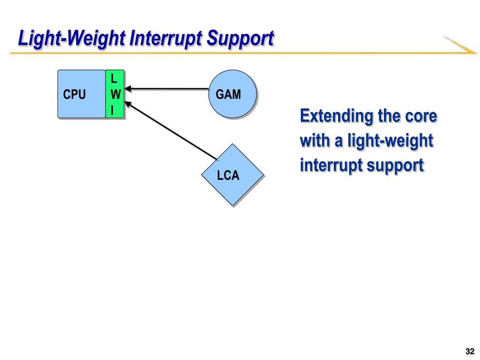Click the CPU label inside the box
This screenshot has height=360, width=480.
point(74,94)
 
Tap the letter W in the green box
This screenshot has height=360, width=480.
point(115,94)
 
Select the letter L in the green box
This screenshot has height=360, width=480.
point(114,79)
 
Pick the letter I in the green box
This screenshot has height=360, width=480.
point(112,110)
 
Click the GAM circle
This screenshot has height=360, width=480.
point(232,94)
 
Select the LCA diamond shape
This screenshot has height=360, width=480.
point(232,175)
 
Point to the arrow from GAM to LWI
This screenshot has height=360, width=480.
point(167,89)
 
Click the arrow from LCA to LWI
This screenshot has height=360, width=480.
point(172,131)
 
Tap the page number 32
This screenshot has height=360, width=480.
point(470,351)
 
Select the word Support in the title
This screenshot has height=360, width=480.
point(240,39)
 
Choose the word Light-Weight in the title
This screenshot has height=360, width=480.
point(71,39)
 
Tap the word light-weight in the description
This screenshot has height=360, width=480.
point(390,141)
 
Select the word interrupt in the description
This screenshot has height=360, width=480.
point(331,165)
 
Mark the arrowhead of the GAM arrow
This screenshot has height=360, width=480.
point(127,89)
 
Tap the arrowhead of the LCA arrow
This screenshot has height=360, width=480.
point(127,104)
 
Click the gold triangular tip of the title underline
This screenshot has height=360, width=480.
point(461,46)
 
